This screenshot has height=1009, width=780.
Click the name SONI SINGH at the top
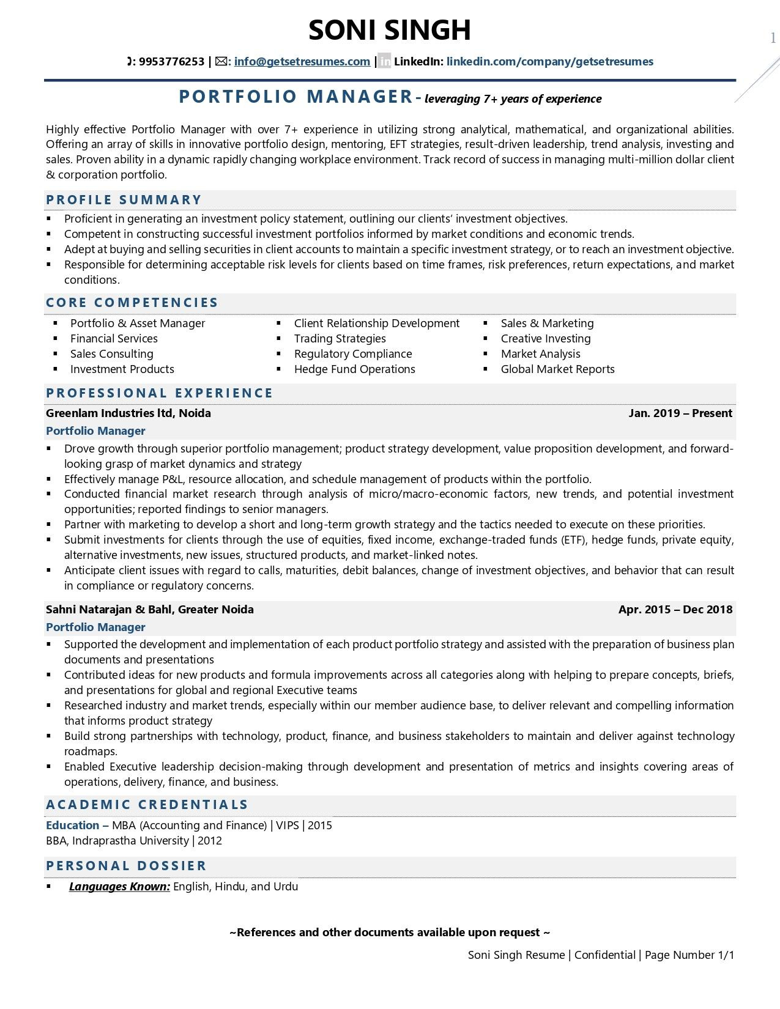[390, 30]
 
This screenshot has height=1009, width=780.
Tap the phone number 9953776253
[171, 62]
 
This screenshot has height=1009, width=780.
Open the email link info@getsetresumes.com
[302, 62]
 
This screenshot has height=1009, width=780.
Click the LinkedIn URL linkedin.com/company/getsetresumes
[549, 62]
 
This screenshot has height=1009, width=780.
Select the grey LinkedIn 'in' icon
[384, 62]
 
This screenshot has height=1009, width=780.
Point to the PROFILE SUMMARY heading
[124, 200]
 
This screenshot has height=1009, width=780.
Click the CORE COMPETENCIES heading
[132, 303]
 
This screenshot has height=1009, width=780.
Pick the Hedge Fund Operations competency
[354, 369]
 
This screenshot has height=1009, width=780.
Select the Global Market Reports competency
[557, 369]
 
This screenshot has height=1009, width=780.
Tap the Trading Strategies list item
[340, 339]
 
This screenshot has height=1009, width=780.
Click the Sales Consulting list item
[111, 354]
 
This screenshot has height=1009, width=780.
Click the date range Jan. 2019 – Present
[680, 413]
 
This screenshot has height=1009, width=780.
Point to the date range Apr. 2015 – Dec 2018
[675, 610]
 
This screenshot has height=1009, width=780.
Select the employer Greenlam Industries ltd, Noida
[128, 413]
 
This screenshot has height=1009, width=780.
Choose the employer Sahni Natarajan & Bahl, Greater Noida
[149, 610]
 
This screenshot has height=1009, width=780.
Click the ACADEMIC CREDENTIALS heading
[147, 805]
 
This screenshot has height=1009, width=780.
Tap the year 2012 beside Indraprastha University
[210, 841]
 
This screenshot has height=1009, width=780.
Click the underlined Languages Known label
[119, 887]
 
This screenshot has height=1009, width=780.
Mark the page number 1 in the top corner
[773, 39]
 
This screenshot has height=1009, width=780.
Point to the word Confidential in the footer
[604, 955]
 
